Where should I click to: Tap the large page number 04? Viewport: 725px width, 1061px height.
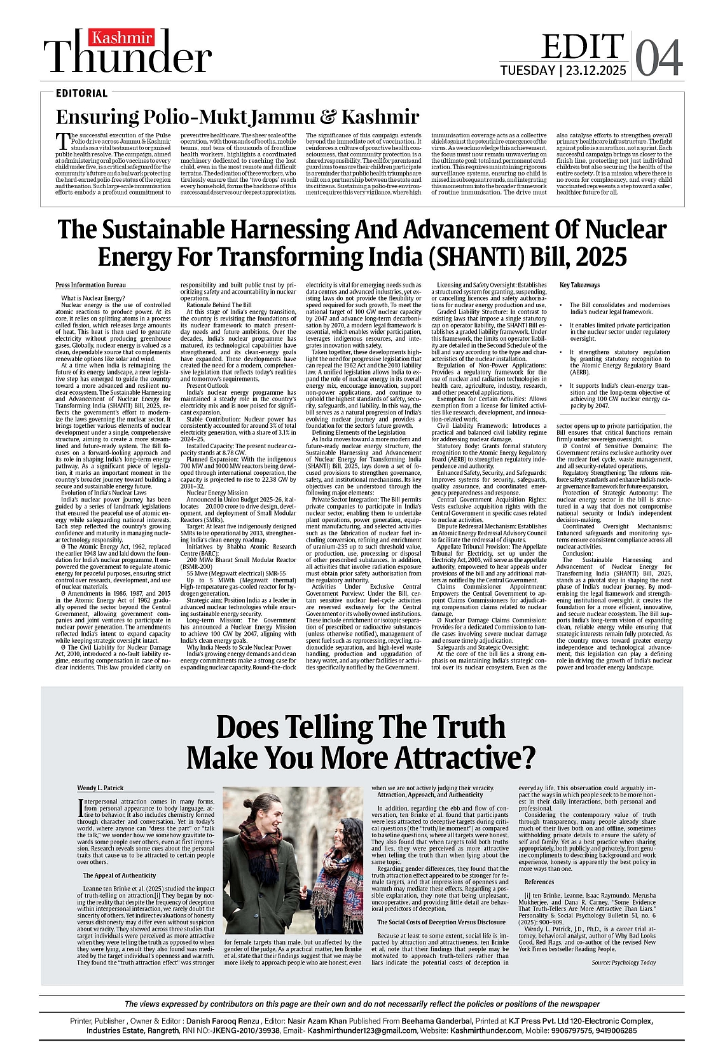tap(659, 59)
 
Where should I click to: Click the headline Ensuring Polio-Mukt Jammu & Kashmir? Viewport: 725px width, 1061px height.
tap(237, 117)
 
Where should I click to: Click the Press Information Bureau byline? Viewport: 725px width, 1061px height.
tap(90, 285)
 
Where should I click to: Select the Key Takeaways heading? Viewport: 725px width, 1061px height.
tap(579, 285)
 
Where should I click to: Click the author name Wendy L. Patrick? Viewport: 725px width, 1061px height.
tap(100, 788)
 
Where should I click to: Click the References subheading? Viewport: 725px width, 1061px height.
tap(539, 882)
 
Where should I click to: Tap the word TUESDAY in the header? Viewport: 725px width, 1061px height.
tap(527, 71)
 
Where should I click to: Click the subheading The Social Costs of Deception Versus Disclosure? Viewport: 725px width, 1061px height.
tap(441, 922)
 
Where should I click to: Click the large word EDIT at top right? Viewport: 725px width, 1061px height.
tap(582, 46)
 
